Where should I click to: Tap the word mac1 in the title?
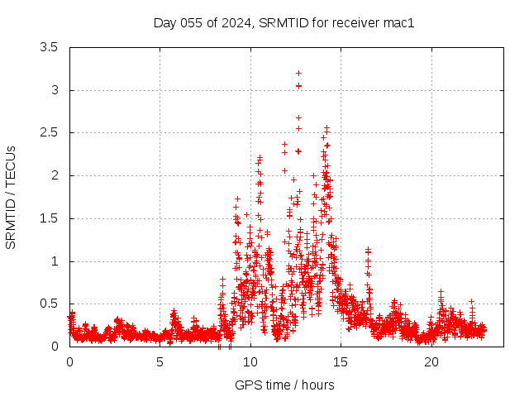[x=398, y=22]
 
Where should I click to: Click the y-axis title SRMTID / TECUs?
[x=11, y=197]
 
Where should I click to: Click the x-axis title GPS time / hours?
[x=284, y=385]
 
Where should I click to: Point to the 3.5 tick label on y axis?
[x=49, y=47]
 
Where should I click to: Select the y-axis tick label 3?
[x=54, y=90]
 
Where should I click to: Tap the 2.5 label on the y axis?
[x=49, y=132]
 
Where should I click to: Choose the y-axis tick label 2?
[x=54, y=175]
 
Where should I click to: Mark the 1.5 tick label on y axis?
[x=49, y=218]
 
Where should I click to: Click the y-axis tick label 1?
[x=54, y=261]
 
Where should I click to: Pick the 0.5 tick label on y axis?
[x=49, y=304]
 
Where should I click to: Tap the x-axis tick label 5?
[x=160, y=361]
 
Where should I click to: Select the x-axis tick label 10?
[x=250, y=361]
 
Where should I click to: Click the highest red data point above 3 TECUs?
[x=298, y=73]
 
